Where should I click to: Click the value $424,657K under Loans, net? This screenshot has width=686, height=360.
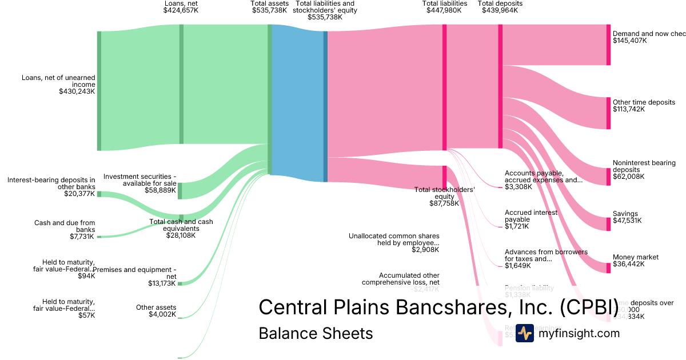click(x=181, y=10)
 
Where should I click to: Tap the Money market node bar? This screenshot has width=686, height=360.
click(x=608, y=268)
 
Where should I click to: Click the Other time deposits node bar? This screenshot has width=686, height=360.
click(x=608, y=113)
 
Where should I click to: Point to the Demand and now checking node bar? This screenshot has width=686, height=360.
click(x=608, y=45)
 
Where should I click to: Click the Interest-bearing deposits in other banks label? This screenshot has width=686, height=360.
click(x=51, y=187)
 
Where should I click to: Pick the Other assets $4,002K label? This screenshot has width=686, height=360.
click(x=156, y=311)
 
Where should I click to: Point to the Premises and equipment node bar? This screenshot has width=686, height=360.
click(x=180, y=283)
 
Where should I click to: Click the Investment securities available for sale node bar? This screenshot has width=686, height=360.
click(x=180, y=191)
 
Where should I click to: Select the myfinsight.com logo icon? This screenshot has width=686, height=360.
click(x=524, y=333)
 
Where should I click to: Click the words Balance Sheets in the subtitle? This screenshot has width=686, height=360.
click(x=316, y=333)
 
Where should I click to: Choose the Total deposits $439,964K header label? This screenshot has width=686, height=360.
click(x=500, y=7)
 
